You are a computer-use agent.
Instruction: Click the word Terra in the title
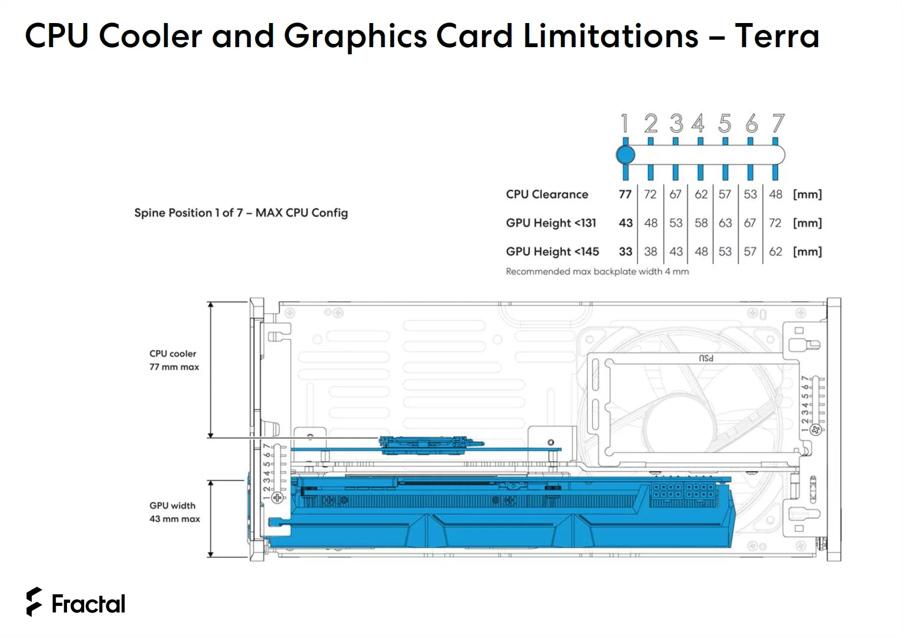777,36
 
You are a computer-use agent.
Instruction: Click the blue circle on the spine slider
625,155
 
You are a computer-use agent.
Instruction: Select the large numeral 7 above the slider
778,124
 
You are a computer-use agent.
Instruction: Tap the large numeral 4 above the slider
698,124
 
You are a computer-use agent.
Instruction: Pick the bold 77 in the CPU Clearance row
625,194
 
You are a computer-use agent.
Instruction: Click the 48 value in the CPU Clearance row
775,194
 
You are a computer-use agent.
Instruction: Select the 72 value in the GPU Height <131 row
775,223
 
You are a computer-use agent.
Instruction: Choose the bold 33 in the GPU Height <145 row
625,252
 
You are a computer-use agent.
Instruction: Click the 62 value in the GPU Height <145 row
775,252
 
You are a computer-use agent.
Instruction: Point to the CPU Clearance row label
546,194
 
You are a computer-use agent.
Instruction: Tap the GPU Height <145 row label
552,252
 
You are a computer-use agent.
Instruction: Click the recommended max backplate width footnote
597,272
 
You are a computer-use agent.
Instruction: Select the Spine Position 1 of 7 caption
241,213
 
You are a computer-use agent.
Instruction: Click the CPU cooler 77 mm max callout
174,360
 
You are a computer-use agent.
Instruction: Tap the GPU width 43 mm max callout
174,512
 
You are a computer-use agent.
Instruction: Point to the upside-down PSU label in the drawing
706,358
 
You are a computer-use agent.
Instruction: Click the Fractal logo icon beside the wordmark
34,602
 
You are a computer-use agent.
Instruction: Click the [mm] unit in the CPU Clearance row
807,194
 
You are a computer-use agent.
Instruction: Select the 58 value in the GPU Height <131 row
701,223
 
